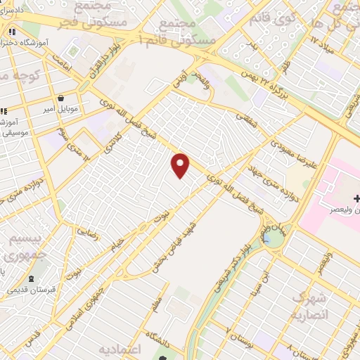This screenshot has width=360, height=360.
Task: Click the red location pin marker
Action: (x=181, y=166)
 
